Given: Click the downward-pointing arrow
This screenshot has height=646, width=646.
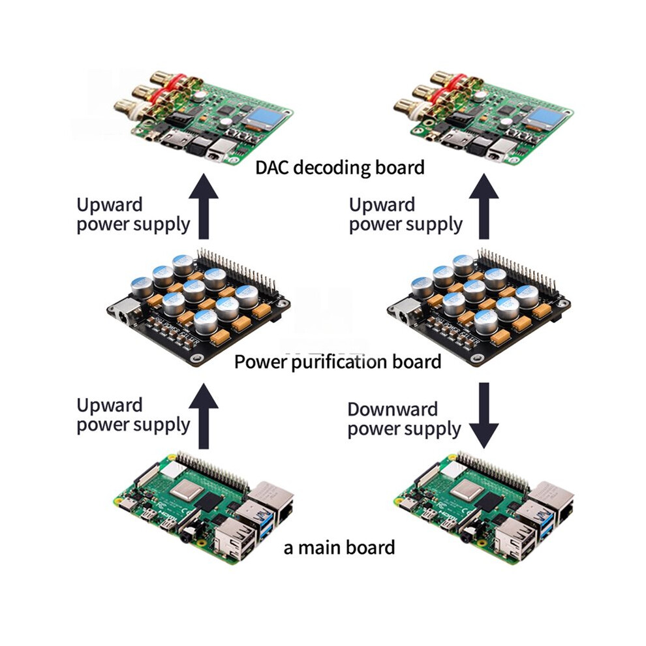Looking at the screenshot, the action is point(484,415).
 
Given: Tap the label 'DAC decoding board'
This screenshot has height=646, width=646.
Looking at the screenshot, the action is point(340,168).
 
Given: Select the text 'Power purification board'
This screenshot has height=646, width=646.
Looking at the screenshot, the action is point(338,362).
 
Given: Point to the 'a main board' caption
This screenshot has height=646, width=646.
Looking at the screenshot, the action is point(339,548).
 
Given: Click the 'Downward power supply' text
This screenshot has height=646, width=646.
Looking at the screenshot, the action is point(404,420).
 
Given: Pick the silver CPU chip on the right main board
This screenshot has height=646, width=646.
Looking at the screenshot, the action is point(467,490).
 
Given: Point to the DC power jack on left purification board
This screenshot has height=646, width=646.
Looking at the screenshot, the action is point(124,313).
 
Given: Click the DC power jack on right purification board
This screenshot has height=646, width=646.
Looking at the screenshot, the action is point(404,313).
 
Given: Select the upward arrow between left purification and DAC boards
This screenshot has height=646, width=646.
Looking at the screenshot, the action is point(204,206).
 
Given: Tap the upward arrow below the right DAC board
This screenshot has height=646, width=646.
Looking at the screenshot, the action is point(484,206).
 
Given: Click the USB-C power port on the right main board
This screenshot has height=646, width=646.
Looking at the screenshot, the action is point(410,504).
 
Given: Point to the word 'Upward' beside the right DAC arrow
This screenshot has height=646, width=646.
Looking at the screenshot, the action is point(382,205).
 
